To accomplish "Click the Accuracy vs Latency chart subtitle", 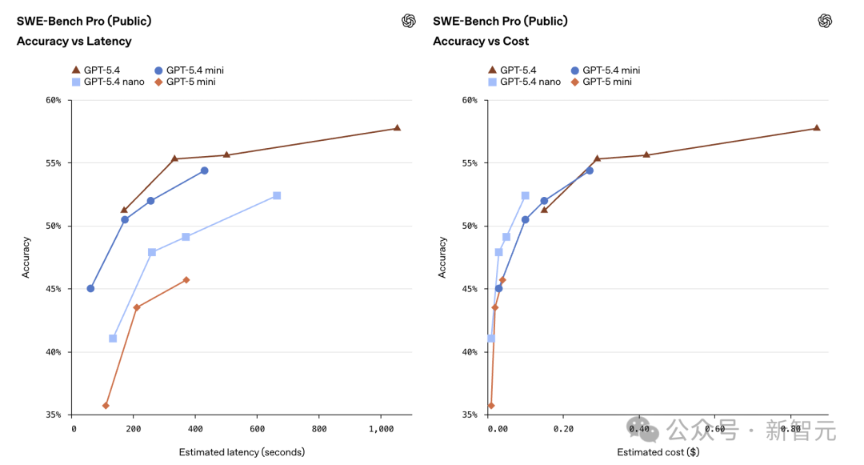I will pyautogui.click(x=74, y=41).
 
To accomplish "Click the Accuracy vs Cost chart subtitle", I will pyautogui.click(x=481, y=41).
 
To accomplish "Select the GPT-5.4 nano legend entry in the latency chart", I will pyautogui.click(x=109, y=82).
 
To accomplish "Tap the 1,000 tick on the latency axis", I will pyautogui.click(x=382, y=429).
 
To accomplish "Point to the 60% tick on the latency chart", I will pyautogui.click(x=54, y=100).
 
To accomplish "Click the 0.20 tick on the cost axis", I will pyautogui.click(x=563, y=429).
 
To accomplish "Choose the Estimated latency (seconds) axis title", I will pyautogui.click(x=242, y=452).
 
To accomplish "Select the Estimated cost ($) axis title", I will pyautogui.click(x=658, y=452).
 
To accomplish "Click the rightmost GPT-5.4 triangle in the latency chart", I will pyautogui.click(x=397, y=128).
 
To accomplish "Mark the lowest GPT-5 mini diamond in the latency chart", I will pyautogui.click(x=106, y=406).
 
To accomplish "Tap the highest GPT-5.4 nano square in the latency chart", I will pyautogui.click(x=277, y=195).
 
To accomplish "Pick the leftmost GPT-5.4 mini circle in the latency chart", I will pyautogui.click(x=90, y=288).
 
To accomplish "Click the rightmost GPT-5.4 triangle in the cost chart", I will pyautogui.click(x=817, y=128).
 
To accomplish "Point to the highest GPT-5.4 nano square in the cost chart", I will pyautogui.click(x=526, y=195).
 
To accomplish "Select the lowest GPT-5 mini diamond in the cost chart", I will pyautogui.click(x=491, y=406).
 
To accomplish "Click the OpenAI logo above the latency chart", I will pyautogui.click(x=409, y=22).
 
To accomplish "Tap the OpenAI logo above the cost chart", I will pyautogui.click(x=826, y=22).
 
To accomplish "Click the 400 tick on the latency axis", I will pyautogui.click(x=196, y=429).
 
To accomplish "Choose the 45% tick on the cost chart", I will pyautogui.click(x=470, y=289).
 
